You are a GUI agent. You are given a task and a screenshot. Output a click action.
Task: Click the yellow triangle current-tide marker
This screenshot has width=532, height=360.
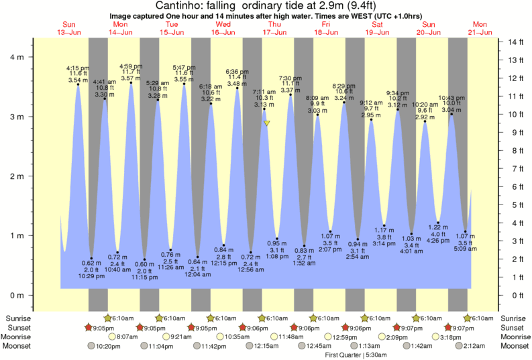tap(267, 123)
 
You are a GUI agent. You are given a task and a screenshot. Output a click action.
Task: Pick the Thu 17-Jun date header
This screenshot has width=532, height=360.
tap(274, 28)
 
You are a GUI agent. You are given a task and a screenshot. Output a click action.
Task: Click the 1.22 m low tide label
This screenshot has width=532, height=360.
tap(437, 227)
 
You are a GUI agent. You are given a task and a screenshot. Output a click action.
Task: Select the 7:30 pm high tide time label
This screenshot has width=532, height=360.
tap(290, 77)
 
